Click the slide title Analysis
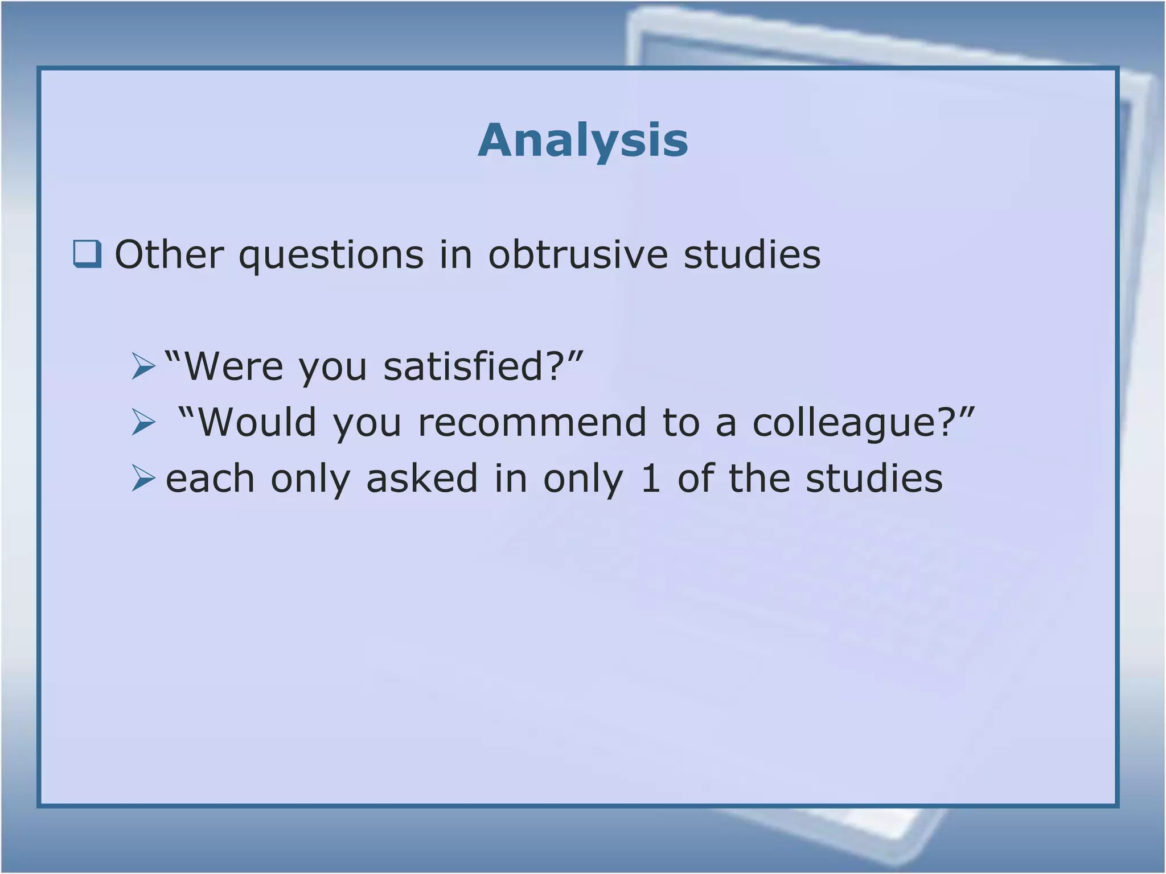(583, 141)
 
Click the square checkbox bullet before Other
(87, 254)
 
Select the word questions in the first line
(331, 255)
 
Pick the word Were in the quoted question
(233, 366)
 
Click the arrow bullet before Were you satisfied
(143, 366)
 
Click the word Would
(257, 422)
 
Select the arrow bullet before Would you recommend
(143, 422)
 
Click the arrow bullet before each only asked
(143, 478)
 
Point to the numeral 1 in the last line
(650, 478)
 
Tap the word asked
(422, 478)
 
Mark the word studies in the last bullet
(874, 478)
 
